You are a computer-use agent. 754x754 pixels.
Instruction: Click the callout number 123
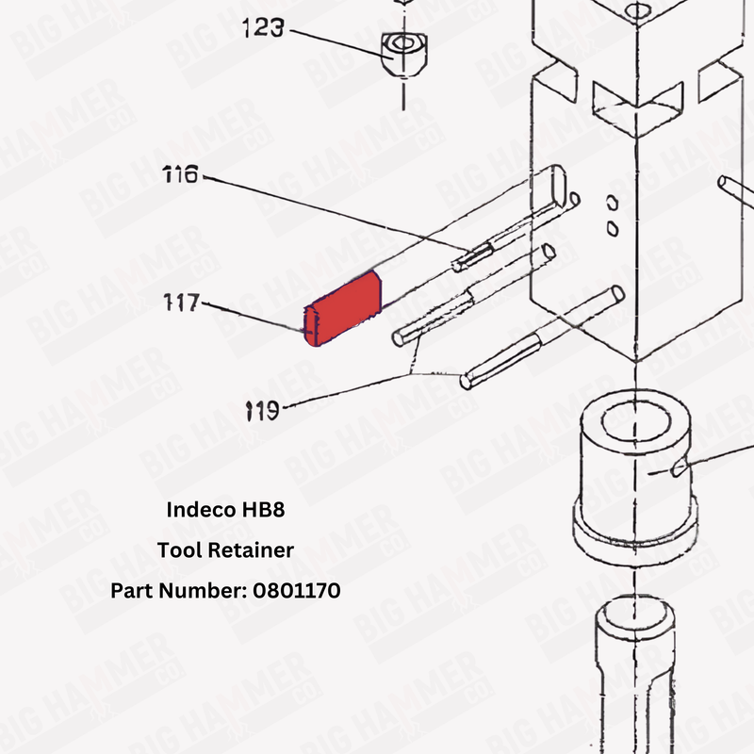263,29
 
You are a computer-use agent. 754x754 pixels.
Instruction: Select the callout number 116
180,174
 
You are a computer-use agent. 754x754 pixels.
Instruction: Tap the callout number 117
180,303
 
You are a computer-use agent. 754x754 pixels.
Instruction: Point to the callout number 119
262,410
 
